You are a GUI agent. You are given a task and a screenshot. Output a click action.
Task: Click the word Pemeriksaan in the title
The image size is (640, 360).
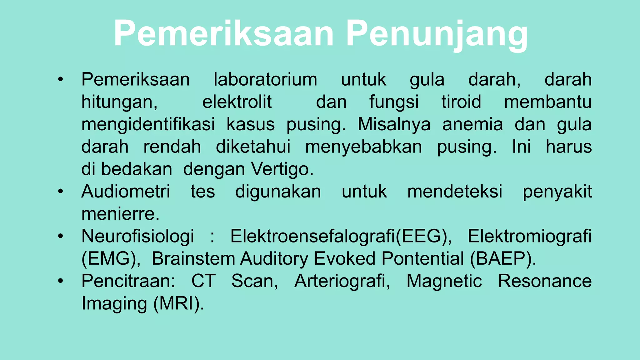point(224,33)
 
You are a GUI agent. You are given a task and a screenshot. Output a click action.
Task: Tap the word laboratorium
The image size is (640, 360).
point(265,79)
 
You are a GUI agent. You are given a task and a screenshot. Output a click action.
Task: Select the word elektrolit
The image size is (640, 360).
point(237,102)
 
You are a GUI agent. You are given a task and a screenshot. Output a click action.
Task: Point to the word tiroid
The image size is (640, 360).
point(461,102)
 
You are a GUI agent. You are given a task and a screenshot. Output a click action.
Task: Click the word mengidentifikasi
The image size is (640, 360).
point(148,124)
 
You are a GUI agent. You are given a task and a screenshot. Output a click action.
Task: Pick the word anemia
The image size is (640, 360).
point(472,124)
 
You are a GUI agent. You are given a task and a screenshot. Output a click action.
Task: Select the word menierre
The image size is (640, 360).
point(120,214)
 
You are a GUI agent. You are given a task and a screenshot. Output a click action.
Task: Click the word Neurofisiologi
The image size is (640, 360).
point(137,236)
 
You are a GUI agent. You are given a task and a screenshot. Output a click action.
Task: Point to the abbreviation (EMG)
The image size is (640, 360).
point(111,259)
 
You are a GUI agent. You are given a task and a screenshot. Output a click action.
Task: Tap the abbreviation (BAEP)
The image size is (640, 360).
point(503,259)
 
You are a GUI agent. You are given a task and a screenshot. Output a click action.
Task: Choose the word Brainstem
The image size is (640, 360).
point(193,259)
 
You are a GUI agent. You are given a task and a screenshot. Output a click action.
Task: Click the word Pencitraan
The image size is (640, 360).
point(128,281)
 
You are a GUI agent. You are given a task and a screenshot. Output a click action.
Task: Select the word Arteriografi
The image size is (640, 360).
point(342,281)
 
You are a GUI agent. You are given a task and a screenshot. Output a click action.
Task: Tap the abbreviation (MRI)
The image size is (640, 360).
point(178,303)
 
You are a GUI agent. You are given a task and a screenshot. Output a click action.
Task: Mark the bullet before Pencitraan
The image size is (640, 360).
point(61,281)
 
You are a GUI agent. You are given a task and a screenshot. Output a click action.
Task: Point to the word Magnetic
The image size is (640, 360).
point(444,281)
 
